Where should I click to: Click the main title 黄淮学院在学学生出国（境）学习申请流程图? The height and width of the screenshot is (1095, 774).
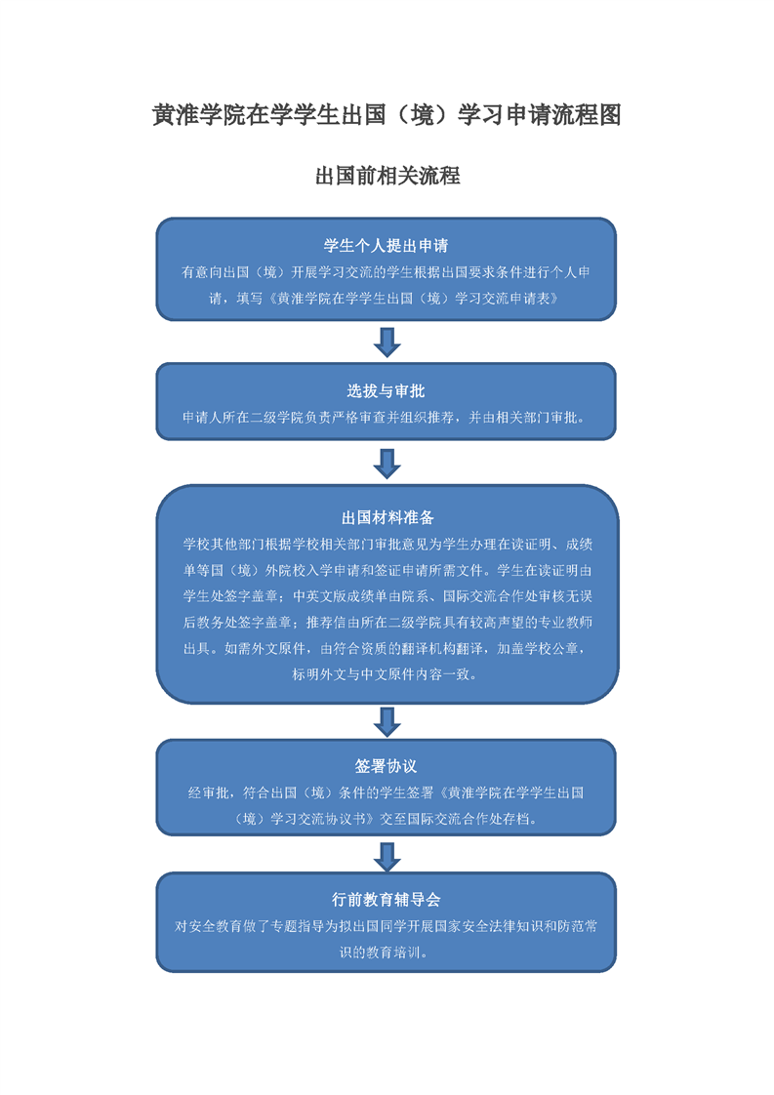[x=387, y=114]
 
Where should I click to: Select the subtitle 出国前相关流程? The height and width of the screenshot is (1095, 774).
[x=387, y=176]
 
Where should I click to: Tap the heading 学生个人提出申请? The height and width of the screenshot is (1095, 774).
[x=386, y=246]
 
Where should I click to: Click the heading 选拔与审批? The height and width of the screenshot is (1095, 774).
[x=386, y=391]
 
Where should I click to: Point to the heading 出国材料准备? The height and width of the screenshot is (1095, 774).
[x=387, y=517]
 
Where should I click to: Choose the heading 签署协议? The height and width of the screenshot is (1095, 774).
[x=386, y=766]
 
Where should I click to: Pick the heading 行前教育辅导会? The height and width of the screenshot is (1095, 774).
[x=386, y=900]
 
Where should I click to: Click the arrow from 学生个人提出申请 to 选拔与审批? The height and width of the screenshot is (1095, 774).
[x=387, y=343]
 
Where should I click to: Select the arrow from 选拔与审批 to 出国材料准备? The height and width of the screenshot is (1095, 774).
[x=387, y=464]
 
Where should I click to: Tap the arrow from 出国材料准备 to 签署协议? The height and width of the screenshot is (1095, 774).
[x=387, y=721]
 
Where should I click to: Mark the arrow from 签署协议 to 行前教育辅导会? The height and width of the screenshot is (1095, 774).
[x=387, y=856]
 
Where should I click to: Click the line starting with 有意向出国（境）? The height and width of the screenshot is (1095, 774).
[x=386, y=272]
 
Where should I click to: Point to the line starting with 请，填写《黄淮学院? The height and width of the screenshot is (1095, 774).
[x=386, y=299]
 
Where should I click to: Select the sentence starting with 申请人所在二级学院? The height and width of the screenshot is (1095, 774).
[x=386, y=418]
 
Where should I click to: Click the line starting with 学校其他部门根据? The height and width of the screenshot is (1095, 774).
[x=387, y=544]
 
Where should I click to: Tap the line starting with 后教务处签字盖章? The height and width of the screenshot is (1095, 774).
[x=387, y=623]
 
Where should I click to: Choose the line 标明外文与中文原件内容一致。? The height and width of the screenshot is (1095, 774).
[x=386, y=674]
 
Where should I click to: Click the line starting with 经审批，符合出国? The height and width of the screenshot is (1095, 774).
[x=386, y=792]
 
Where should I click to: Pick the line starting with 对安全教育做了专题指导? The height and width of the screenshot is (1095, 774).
[x=386, y=926]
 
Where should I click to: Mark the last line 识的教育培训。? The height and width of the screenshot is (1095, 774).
[x=386, y=952]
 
